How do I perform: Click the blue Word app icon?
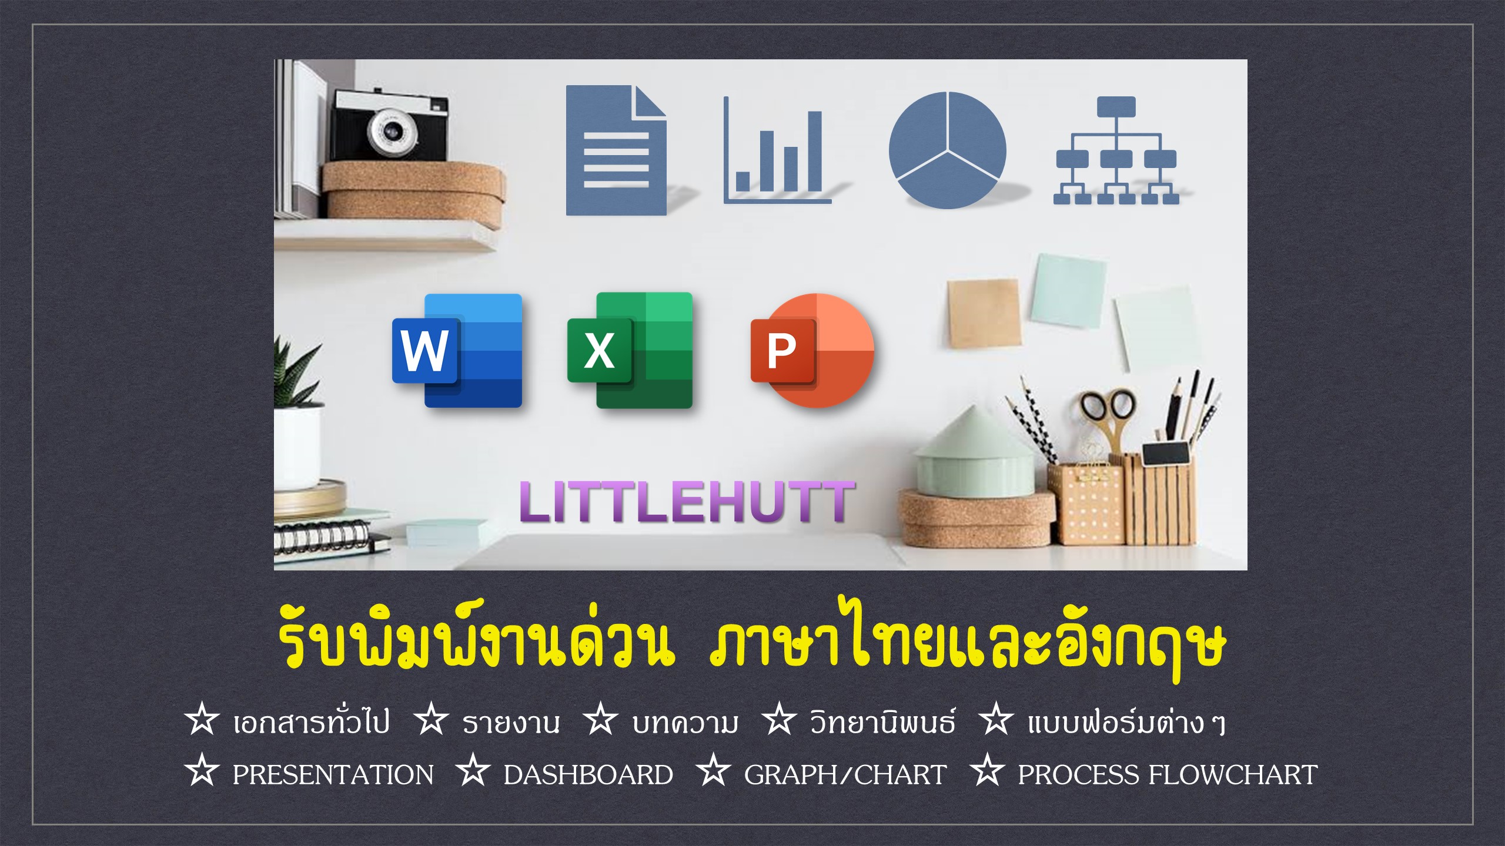[x=457, y=351]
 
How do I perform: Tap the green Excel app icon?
[x=630, y=350]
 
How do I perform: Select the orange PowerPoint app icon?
[x=812, y=350]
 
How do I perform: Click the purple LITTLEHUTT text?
[x=686, y=502]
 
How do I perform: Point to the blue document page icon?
[x=616, y=150]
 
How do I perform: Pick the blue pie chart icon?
[x=947, y=150]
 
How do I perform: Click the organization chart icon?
[x=1116, y=150]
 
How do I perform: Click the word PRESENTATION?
[x=333, y=775]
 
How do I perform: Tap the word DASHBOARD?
[x=588, y=775]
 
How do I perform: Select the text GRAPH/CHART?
[x=845, y=775]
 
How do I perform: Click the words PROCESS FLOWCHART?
[x=1168, y=775]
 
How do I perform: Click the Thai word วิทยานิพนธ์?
[x=883, y=720]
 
